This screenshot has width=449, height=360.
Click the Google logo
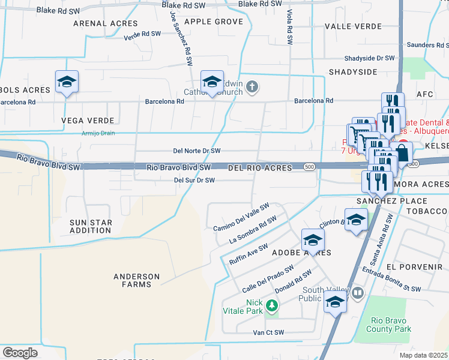point(20,353)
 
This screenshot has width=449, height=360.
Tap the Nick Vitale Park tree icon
point(272,307)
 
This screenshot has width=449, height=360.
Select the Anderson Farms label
point(137,280)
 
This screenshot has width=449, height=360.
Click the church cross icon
point(252,88)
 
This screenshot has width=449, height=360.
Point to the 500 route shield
point(309,166)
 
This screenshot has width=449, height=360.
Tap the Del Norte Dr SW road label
point(197,151)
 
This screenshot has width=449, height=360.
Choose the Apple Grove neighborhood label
point(214,22)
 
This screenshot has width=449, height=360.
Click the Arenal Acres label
point(105,23)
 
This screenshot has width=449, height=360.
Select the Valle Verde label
point(353,27)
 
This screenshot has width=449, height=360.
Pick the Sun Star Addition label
point(91,226)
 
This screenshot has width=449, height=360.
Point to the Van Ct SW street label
point(268,332)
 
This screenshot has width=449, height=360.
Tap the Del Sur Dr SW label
point(194,180)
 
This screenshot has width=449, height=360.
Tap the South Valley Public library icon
point(358,293)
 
